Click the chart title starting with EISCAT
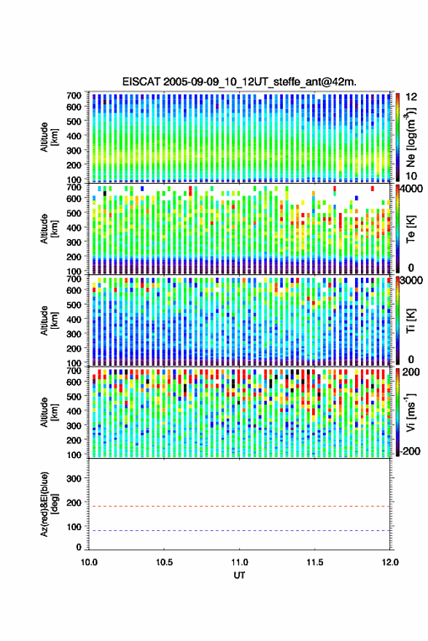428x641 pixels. click(x=239, y=82)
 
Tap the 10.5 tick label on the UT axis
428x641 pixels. click(x=164, y=562)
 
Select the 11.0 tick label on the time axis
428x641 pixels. click(x=239, y=562)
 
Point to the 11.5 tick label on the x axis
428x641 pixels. click(x=314, y=562)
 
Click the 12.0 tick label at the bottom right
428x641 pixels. click(x=389, y=562)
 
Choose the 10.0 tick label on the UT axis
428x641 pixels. click(x=89, y=562)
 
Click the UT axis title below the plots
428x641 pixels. click(x=239, y=575)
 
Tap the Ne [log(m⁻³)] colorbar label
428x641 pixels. click(x=411, y=137)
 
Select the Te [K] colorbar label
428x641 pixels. click(x=411, y=229)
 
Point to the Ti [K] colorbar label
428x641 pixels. click(x=411, y=321)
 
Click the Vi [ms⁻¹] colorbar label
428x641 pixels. click(x=411, y=412)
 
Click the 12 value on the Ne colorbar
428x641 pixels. click(x=411, y=97)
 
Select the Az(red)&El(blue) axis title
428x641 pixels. click(x=49, y=504)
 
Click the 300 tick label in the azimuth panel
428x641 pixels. click(x=74, y=478)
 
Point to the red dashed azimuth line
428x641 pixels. click(x=239, y=507)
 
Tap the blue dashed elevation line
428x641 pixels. click(x=239, y=531)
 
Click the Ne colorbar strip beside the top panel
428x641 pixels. click(x=397, y=137)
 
